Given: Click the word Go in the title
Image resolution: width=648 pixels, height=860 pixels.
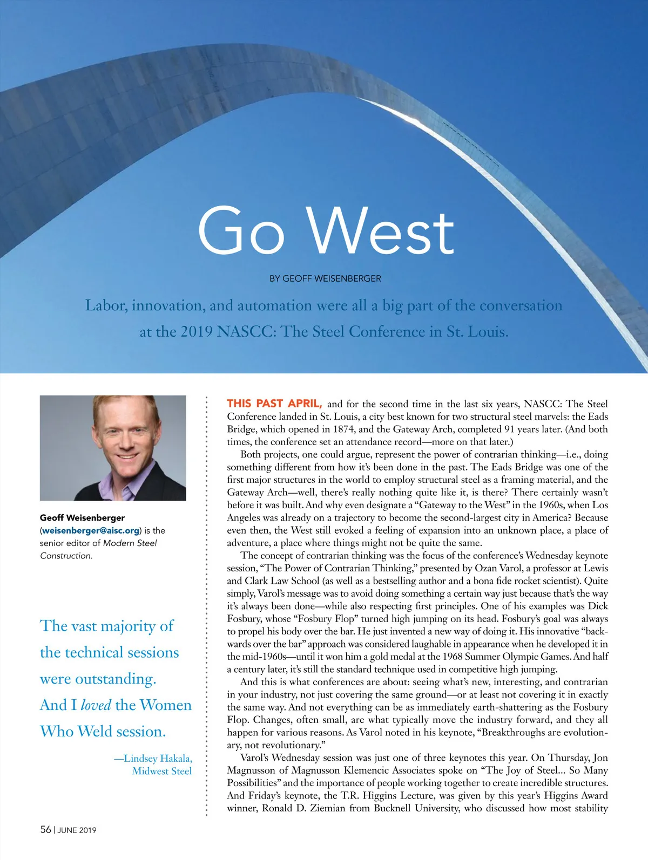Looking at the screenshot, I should click(x=241, y=231).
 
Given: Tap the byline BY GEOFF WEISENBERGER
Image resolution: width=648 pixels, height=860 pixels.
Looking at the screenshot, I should click(x=325, y=278).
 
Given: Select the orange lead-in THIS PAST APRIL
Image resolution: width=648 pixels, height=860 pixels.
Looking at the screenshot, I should click(x=274, y=404).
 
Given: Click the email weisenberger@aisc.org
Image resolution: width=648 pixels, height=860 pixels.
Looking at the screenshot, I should click(x=91, y=530).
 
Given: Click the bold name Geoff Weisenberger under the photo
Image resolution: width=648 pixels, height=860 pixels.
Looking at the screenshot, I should click(x=82, y=518).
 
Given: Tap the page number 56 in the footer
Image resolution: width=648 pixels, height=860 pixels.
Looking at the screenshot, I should click(x=45, y=830).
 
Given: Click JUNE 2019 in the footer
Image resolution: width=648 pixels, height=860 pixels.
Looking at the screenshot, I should click(x=77, y=830).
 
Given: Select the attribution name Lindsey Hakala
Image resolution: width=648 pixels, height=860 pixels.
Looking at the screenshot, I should click(x=158, y=758).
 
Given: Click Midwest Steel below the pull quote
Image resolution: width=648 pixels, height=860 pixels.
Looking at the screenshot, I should click(x=162, y=771).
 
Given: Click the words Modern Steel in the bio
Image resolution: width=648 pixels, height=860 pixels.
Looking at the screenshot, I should click(x=130, y=543).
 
